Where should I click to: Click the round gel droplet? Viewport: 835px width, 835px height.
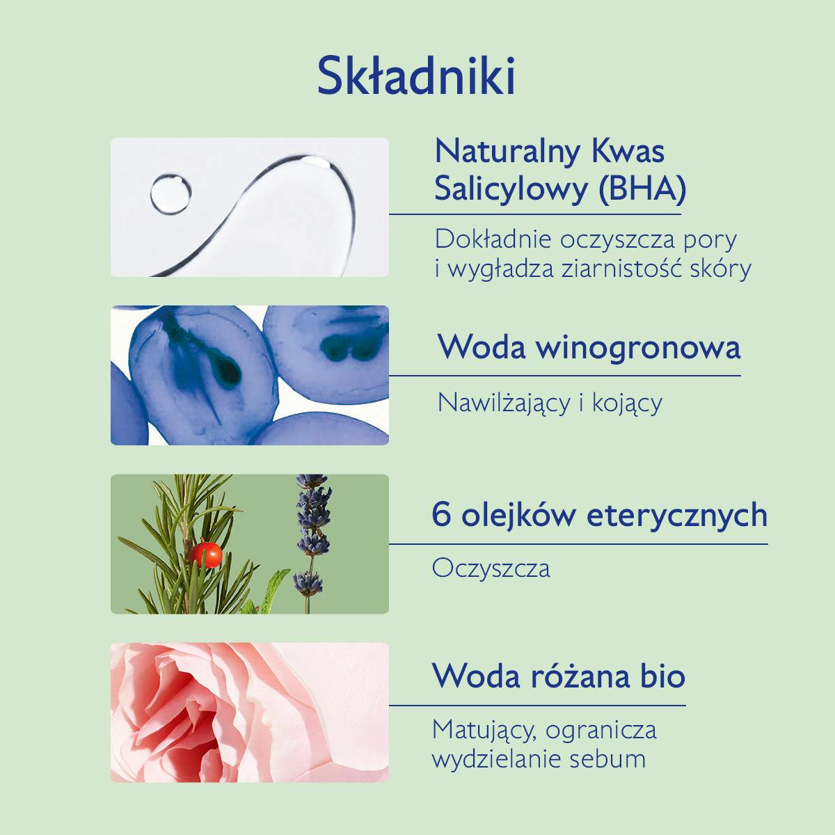click(x=170, y=193)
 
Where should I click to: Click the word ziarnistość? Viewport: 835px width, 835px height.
click(x=630, y=268)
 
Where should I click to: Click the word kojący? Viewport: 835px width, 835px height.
click(x=627, y=402)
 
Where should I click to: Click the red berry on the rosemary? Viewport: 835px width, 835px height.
click(x=206, y=554)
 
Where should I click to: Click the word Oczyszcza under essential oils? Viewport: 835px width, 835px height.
click(x=491, y=568)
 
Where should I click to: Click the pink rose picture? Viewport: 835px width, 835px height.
click(x=249, y=712)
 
